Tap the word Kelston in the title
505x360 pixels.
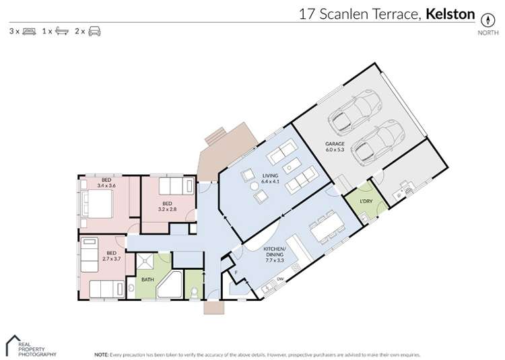[450, 13]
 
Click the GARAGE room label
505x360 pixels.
[335, 143]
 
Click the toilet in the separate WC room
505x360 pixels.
[194, 291]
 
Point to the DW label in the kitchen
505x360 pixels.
[279, 279]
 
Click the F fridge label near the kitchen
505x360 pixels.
[237, 273]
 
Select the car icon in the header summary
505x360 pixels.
[94, 31]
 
